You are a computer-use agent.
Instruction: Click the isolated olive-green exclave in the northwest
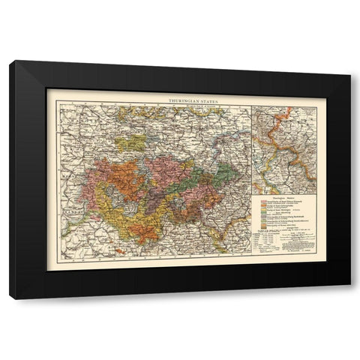pos(135,142)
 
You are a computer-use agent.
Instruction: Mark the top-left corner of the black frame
pos(10,61)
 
